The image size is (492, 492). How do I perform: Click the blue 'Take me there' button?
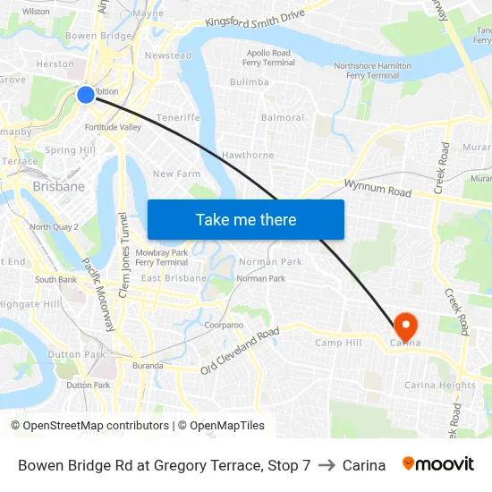245,219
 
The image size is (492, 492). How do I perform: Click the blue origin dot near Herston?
86,94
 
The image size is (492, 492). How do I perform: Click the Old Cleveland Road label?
240,352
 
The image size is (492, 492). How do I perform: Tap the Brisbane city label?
58,187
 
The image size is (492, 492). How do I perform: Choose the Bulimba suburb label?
249,82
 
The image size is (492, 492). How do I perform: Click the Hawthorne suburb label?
247,155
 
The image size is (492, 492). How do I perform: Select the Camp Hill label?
337,343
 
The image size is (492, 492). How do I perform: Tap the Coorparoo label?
224,325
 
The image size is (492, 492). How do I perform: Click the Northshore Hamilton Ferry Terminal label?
372,71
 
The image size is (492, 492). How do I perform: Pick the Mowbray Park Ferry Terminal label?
161,258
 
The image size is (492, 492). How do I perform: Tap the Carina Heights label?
440,386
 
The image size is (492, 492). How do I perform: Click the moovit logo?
438,464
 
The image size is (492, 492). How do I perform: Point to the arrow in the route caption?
326,465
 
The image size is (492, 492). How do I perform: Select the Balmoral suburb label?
283,118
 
